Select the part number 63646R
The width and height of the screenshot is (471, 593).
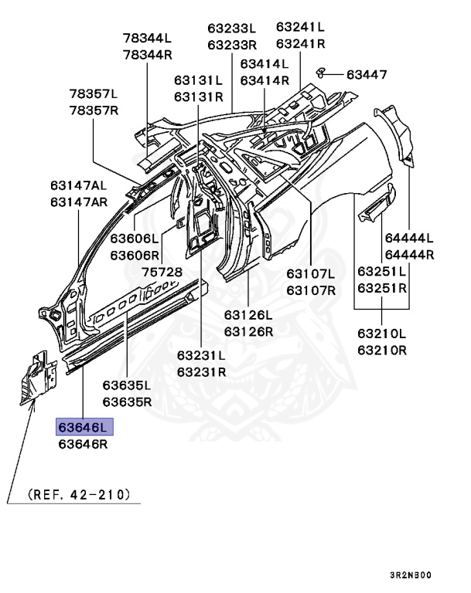pos(84,444)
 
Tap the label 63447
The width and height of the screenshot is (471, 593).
pos(367,74)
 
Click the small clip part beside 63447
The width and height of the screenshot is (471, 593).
pos(322,72)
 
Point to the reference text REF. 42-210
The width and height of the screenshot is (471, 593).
pos(78,493)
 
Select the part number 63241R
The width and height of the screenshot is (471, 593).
pos(301,43)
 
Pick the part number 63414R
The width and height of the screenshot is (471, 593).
pos(265,80)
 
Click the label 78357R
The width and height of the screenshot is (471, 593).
pos(94,110)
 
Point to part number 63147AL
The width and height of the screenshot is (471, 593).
pos(78,185)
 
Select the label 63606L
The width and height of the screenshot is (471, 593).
pos(134,239)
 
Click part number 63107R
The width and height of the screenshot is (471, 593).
pos(310,290)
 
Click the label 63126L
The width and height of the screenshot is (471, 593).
pos(249,315)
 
